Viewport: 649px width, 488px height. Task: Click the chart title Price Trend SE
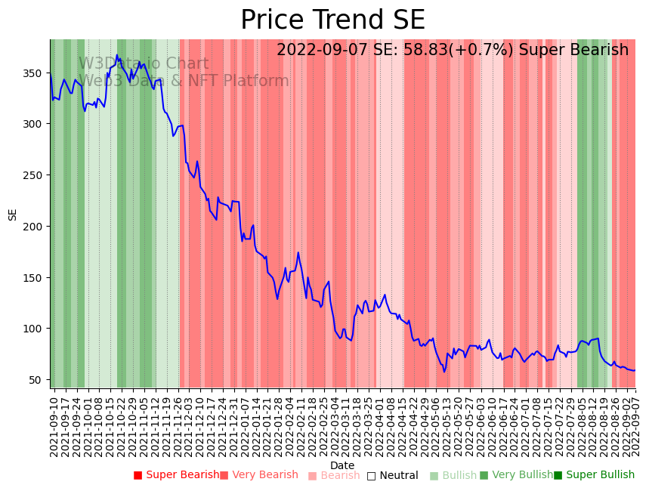(x=332, y=20)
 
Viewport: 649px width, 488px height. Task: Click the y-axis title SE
(x=13, y=215)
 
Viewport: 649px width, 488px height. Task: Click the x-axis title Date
(x=342, y=466)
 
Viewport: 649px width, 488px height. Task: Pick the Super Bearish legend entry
(x=176, y=475)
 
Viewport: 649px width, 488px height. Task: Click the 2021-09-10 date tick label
(x=54, y=423)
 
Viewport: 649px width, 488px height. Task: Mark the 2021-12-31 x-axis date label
(x=234, y=423)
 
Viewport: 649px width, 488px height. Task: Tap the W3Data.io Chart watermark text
(x=144, y=64)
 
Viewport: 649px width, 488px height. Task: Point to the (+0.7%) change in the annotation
(x=484, y=51)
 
